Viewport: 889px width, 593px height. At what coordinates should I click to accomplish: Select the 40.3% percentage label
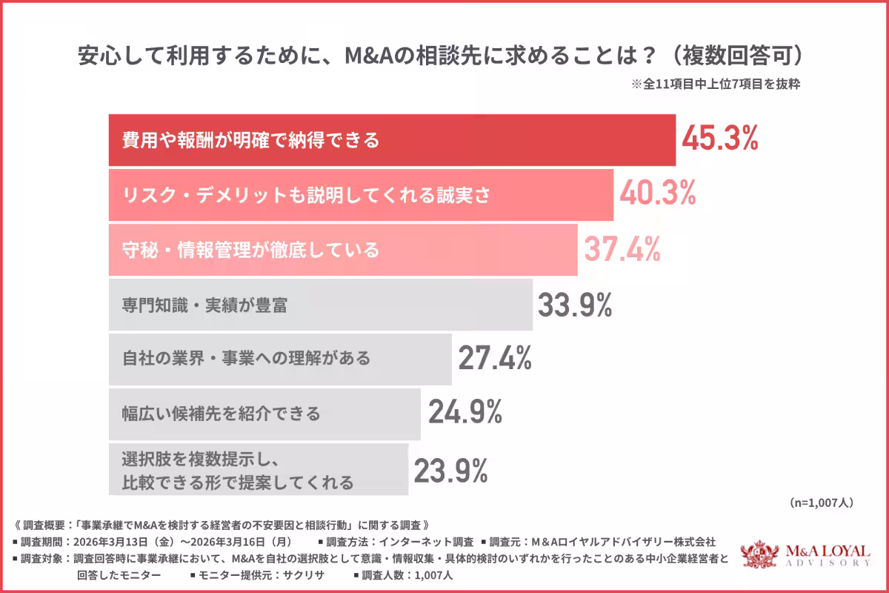pyautogui.click(x=658, y=194)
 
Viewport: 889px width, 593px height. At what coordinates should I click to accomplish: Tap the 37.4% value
pyautogui.click(x=622, y=249)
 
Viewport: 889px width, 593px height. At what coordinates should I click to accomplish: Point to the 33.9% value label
pyautogui.click(x=575, y=305)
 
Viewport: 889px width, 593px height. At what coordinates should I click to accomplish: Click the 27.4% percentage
pyautogui.click(x=495, y=359)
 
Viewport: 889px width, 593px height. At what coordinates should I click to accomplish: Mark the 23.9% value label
pyautogui.click(x=450, y=469)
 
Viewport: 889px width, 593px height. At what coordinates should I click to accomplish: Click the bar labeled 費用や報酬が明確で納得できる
pyautogui.click(x=392, y=139)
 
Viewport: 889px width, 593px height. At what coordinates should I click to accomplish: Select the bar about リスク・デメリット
pyautogui.click(x=361, y=194)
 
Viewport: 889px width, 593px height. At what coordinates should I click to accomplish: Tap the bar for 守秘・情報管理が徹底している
pyautogui.click(x=343, y=249)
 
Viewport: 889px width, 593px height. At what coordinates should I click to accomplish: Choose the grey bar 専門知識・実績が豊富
pyautogui.click(x=320, y=305)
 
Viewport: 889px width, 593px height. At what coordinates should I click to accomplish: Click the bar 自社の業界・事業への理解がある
pyautogui.click(x=280, y=359)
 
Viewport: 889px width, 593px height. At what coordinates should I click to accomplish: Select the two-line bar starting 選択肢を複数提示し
pyautogui.click(x=258, y=469)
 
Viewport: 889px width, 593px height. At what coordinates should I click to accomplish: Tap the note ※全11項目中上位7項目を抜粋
pyautogui.click(x=716, y=84)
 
